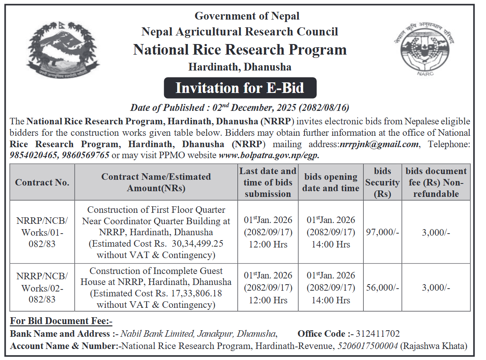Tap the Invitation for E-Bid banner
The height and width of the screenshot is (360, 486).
pyautogui.click(x=240, y=88)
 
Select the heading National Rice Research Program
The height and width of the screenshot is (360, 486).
pyautogui.click(x=240, y=50)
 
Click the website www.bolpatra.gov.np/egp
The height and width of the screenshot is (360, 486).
pyautogui.click(x=269, y=155)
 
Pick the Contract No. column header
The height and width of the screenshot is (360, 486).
pyautogui.click(x=42, y=182)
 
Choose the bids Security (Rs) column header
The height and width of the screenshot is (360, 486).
pyautogui.click(x=382, y=182)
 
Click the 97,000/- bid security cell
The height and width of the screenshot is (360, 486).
pyautogui.click(x=382, y=232)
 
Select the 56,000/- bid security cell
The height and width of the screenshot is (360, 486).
pyautogui.click(x=382, y=287)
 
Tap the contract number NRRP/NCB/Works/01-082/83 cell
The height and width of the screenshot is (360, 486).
pyautogui.click(x=42, y=232)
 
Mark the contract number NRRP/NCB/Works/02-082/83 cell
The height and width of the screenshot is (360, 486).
pyautogui.click(x=42, y=288)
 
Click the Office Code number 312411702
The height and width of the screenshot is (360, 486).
pyautogui.click(x=377, y=334)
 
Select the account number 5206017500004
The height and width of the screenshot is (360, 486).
pyautogui.click(x=367, y=346)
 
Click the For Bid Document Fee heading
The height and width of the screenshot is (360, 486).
pyautogui.click(x=61, y=321)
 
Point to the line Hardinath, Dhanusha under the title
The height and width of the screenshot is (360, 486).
pyautogui.click(x=240, y=67)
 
